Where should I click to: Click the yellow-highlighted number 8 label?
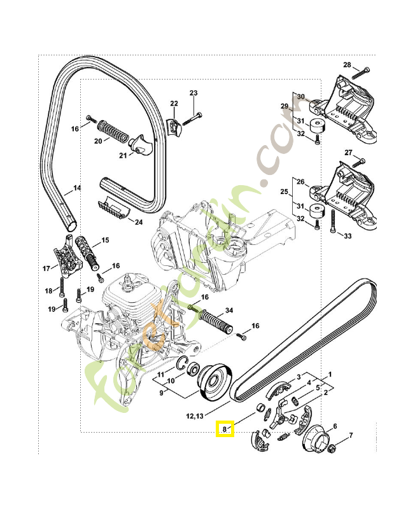[x=225, y=429]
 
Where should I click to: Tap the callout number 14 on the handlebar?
[x=77, y=188]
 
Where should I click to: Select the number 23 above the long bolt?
[x=193, y=93]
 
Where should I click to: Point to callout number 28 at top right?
[x=347, y=65]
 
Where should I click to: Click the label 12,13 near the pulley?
[x=195, y=415]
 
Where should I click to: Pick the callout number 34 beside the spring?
[x=229, y=310]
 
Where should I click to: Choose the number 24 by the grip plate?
[x=139, y=222]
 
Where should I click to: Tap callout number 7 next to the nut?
[x=351, y=435]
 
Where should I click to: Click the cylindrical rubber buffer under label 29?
[x=317, y=126]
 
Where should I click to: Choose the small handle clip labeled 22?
[x=175, y=126]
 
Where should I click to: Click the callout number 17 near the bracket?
[x=46, y=268]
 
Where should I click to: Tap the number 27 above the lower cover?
[x=348, y=153]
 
